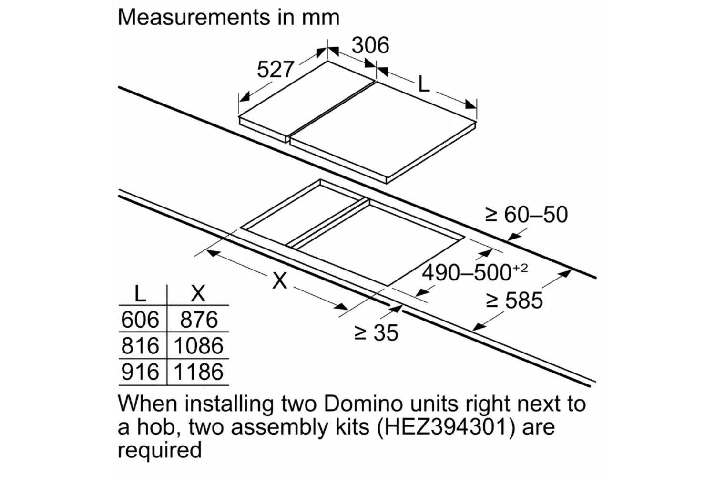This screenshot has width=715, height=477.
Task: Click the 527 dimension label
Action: click(275, 70)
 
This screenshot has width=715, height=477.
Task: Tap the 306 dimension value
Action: click(370, 45)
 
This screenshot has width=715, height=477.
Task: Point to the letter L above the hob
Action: click(423, 85)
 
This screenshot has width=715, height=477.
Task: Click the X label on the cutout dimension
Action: click(280, 280)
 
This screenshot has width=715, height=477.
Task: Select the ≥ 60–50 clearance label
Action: click(526, 215)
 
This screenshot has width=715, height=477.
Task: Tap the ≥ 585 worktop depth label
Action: click(514, 301)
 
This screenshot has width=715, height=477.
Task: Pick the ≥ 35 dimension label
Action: click(376, 332)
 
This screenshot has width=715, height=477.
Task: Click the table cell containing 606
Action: click(140, 320)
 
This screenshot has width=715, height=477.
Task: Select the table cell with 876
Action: click(199, 320)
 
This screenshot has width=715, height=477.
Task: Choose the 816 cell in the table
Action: click(140, 346)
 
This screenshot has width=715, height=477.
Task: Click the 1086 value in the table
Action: click(198, 346)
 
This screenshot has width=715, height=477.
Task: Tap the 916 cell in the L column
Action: click(140, 372)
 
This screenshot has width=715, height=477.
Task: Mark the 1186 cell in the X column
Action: click(198, 372)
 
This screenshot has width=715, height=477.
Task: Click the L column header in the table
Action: click(140, 293)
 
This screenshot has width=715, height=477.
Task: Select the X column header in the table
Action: click(198, 293)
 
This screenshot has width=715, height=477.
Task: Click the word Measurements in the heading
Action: click(193, 17)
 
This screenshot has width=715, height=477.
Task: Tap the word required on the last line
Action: click(160, 449)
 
